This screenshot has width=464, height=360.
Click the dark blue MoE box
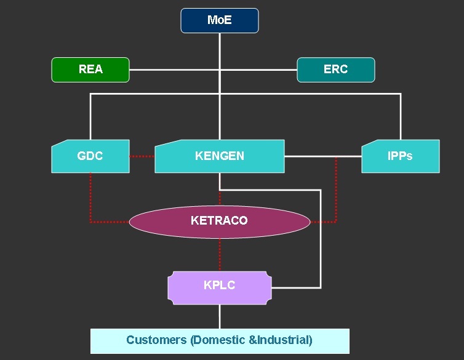(x=219, y=20)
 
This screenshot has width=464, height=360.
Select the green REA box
(x=90, y=70)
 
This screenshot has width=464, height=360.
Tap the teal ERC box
(x=335, y=70)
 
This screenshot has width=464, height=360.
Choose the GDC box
(x=90, y=156)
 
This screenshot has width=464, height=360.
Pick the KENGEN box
(x=219, y=156)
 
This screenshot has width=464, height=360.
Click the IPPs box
(x=400, y=156)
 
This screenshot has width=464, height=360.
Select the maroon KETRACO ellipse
(x=219, y=220)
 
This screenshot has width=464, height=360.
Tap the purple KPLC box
(x=219, y=286)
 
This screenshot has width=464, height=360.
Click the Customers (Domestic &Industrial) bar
(x=219, y=340)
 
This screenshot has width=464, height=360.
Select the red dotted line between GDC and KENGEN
(x=142, y=156)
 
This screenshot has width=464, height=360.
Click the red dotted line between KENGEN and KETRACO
(x=220, y=197)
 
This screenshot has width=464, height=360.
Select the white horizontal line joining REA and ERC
(x=172, y=70)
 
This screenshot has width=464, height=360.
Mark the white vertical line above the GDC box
(x=90, y=117)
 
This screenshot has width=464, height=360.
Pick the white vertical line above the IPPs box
(x=401, y=117)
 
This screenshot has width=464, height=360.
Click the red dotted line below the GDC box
(x=90, y=197)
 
